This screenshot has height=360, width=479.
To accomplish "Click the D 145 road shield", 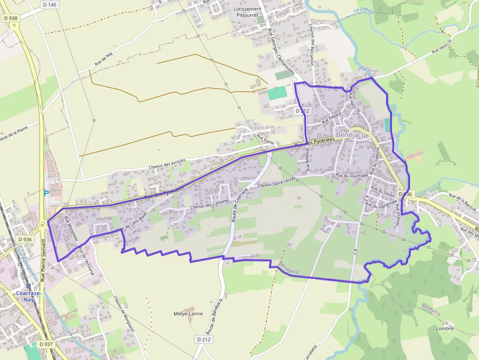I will [49, 5].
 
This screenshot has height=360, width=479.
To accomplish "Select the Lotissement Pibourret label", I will [248, 12].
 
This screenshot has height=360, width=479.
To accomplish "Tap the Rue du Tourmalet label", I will [351, 174].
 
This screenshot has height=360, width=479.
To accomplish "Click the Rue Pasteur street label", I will [332, 117].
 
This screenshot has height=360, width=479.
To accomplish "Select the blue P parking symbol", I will [46, 193].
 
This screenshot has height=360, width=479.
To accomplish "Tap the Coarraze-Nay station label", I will [25, 296].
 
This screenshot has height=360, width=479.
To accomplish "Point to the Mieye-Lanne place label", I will [188, 314].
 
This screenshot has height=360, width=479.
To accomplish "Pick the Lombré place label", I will [444, 328].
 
